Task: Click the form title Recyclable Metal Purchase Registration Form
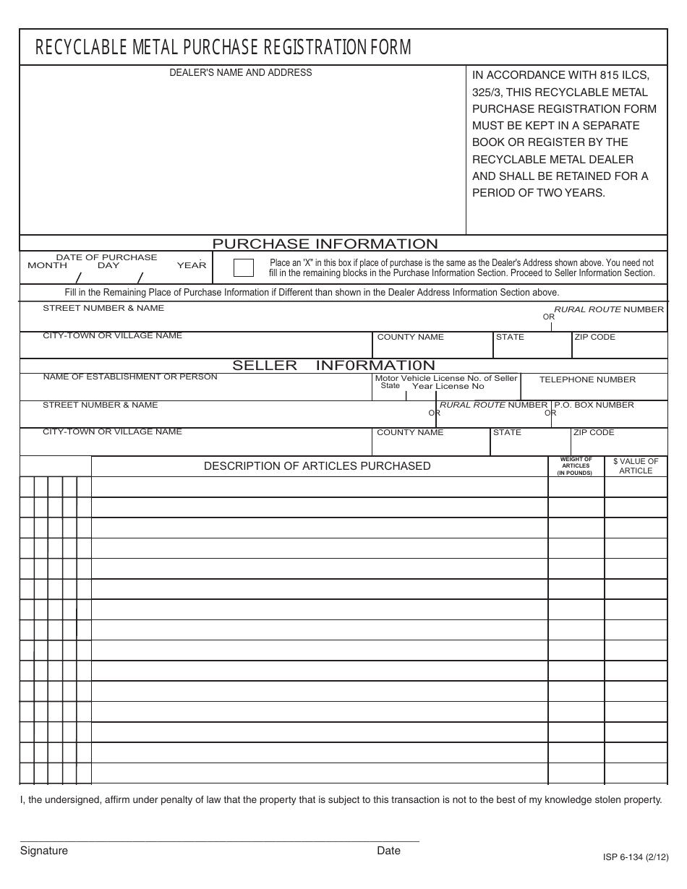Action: tap(223, 48)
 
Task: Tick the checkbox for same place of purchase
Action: tap(244, 267)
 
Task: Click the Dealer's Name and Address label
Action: tap(241, 72)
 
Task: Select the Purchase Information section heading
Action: tap(325, 244)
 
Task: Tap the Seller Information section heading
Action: tap(333, 365)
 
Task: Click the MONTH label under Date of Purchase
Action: tap(47, 265)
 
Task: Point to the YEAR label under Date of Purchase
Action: tap(192, 265)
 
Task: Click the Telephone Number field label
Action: tap(587, 379)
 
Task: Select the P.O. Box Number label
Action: tap(594, 405)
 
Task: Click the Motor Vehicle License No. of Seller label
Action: tap(446, 378)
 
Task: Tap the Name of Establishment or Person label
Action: tap(130, 377)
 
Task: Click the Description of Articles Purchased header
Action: tap(317, 466)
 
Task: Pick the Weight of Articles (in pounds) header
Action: tap(576, 466)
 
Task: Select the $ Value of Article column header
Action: tap(636, 466)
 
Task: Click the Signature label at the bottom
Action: tap(43, 851)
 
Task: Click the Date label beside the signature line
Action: tap(388, 851)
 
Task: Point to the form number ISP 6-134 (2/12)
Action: tap(634, 857)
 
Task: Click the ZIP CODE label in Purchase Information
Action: tap(594, 337)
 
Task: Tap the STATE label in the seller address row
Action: tap(507, 432)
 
